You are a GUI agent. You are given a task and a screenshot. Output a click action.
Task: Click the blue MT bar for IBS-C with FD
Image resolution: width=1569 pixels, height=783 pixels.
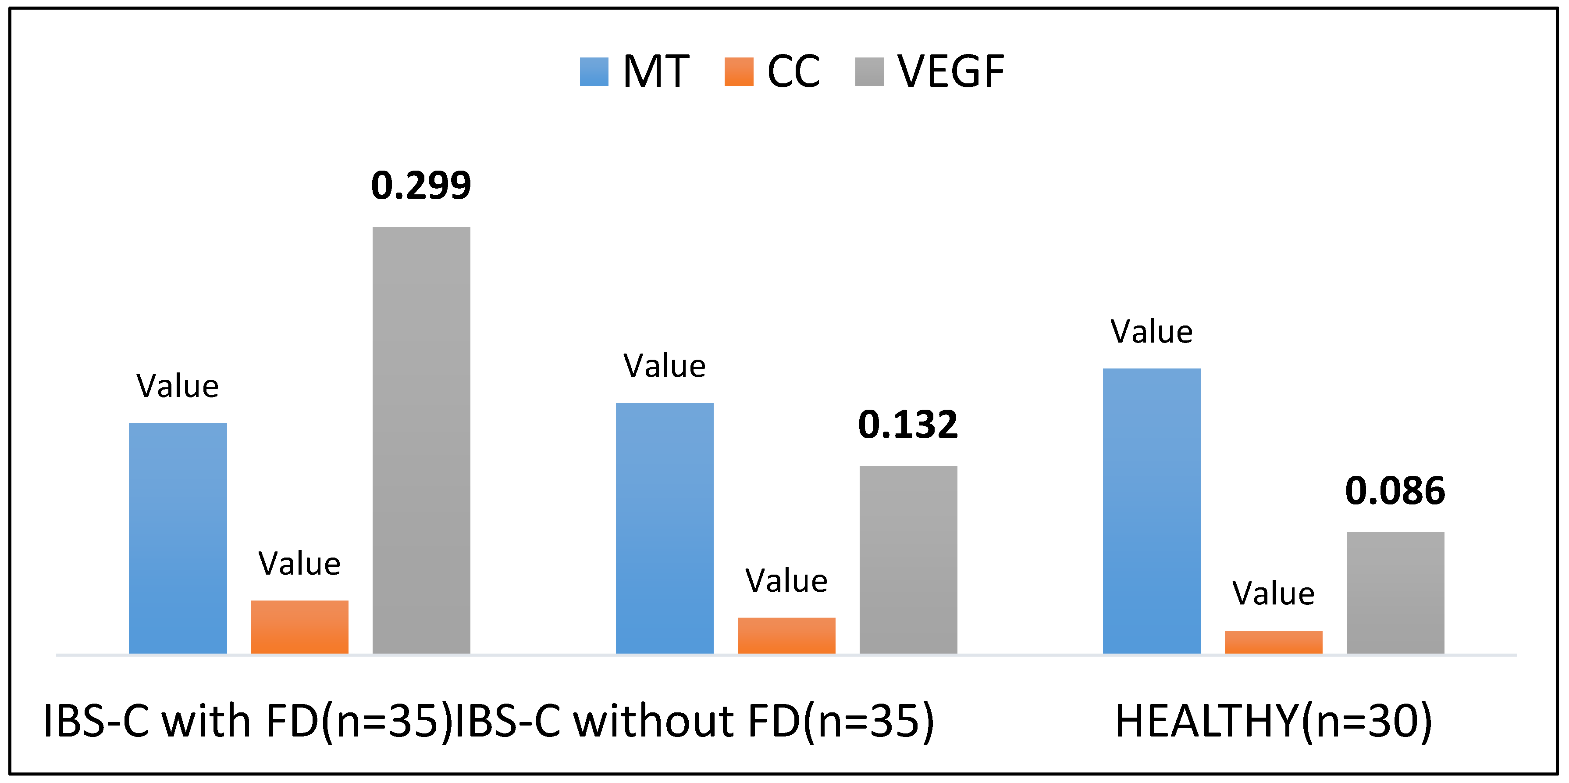coord(178,538)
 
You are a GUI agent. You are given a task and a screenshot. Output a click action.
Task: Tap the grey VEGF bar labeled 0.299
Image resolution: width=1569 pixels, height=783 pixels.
coord(421,440)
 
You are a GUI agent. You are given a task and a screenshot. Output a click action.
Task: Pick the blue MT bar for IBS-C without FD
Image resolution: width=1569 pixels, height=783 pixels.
coord(665,528)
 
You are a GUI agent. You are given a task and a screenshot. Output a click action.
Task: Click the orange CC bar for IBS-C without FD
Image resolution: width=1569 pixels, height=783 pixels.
coord(786,636)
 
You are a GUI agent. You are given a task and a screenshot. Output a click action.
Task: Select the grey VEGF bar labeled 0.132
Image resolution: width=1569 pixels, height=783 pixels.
coord(908,559)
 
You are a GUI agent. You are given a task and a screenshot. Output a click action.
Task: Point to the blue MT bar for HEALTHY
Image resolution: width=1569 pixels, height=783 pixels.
coord(1152,511)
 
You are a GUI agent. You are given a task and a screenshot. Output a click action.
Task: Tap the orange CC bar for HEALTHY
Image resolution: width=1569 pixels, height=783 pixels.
coord(1274,642)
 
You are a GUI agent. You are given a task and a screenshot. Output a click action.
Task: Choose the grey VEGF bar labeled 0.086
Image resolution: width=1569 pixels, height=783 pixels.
coord(1395,592)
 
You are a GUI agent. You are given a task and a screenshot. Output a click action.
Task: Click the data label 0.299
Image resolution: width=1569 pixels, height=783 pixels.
coord(421,185)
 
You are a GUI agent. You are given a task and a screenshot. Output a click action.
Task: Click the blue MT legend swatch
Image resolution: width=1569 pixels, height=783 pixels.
coord(594,72)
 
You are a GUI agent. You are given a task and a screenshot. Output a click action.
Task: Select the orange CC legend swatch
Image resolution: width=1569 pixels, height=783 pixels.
coord(739,72)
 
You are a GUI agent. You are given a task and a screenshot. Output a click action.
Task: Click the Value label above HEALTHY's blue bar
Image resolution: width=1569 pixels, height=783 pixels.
coord(1152,332)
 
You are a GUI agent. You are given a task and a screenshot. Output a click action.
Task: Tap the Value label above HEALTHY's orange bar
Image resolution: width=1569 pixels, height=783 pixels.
coord(1274,594)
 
